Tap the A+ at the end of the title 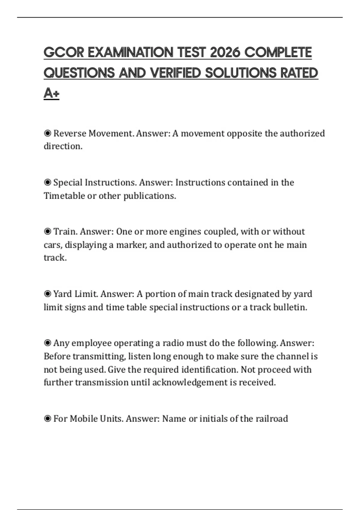tap(51, 93)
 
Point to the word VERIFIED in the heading tap(175, 73)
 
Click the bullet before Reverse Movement tap(47, 133)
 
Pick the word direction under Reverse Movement tap(63, 146)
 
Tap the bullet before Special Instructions tap(47, 182)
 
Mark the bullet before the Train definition tap(47, 232)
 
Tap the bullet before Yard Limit tap(47, 294)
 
